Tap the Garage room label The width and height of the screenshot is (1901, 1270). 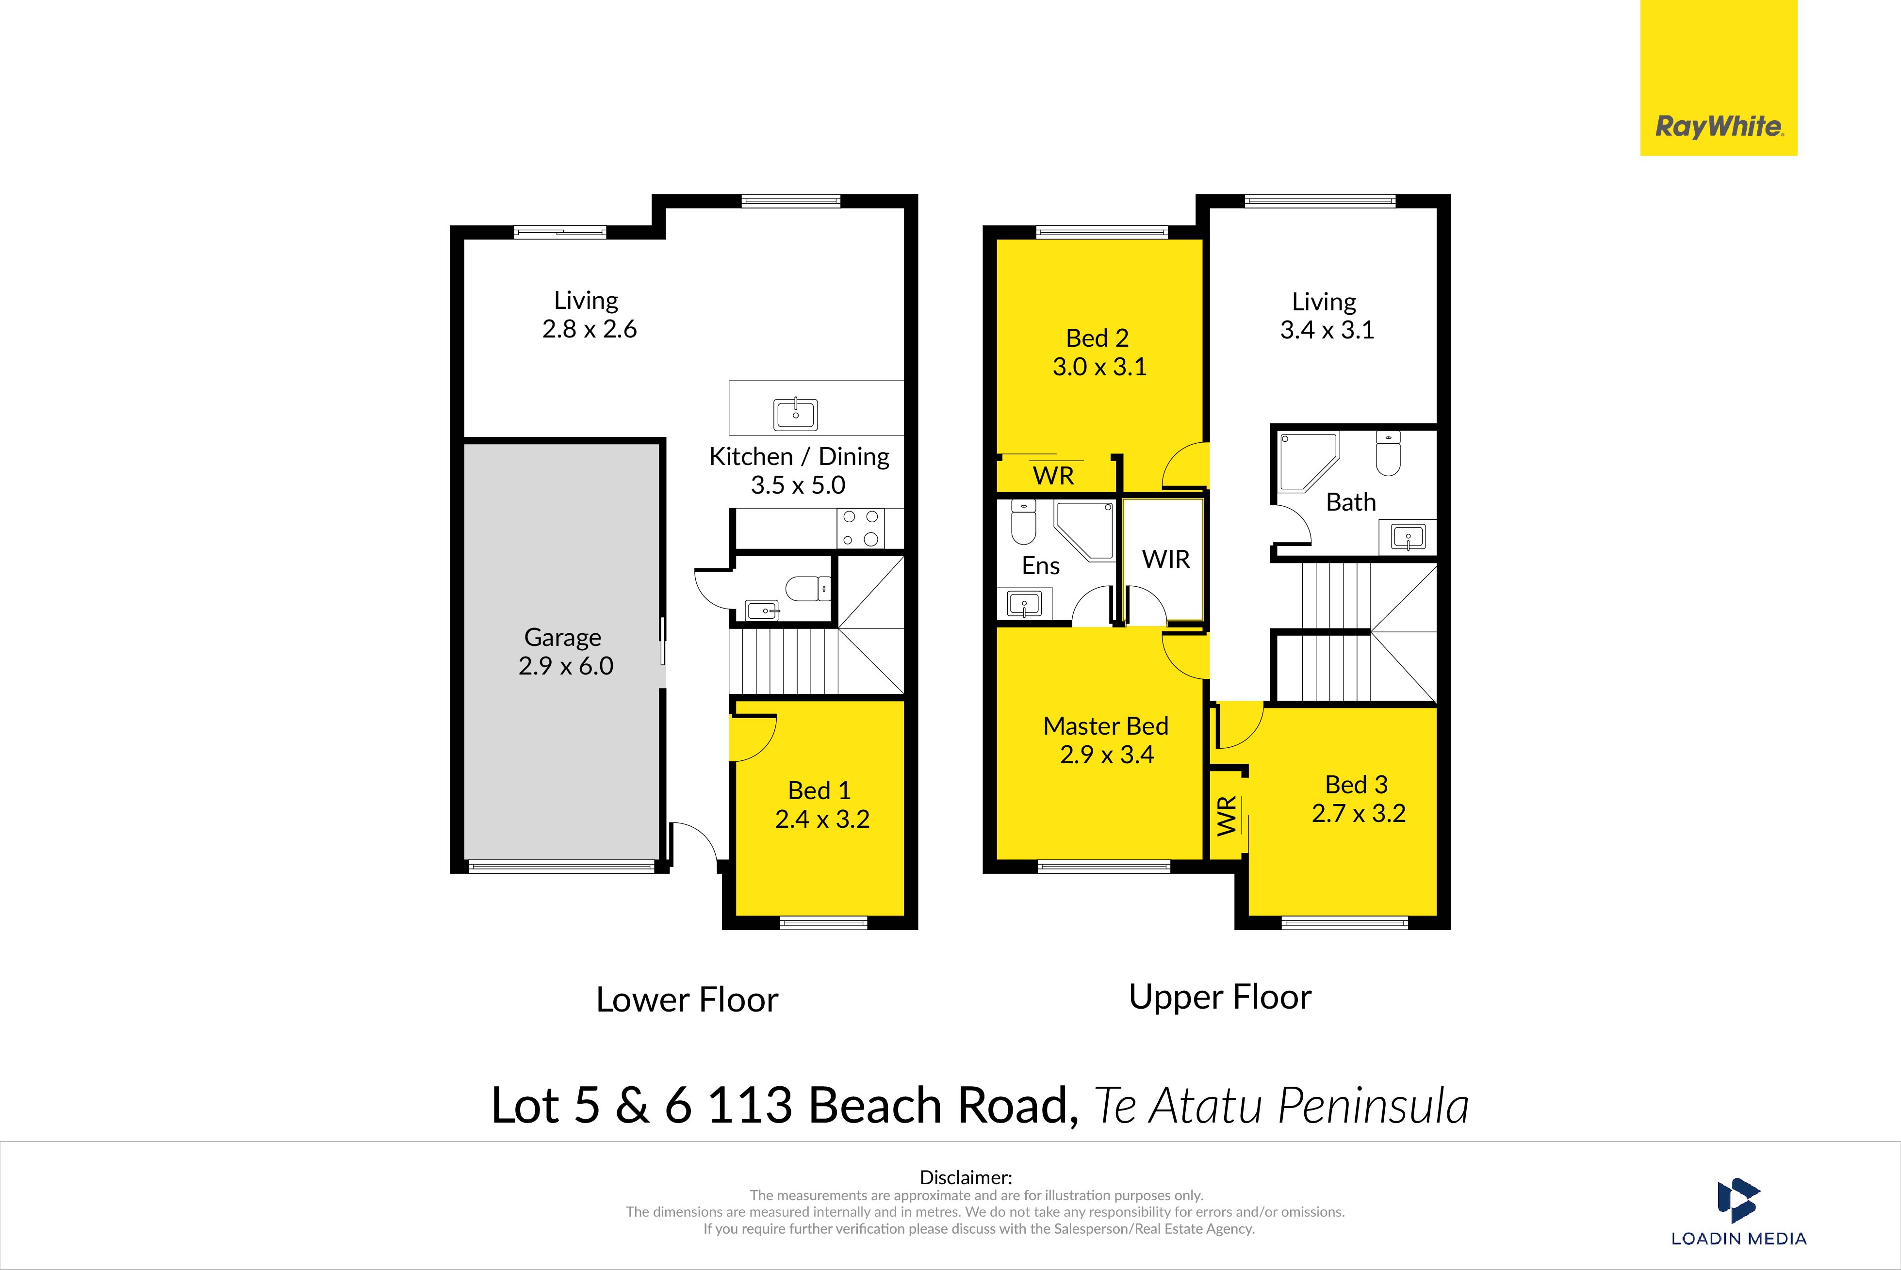[x=562, y=638]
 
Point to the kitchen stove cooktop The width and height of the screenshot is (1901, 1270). [x=861, y=528]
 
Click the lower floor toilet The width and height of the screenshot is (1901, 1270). [x=808, y=588]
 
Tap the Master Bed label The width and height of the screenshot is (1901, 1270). [x=1105, y=726]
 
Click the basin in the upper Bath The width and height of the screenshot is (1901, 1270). [x=1408, y=536]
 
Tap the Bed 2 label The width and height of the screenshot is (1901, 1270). [x=1097, y=338]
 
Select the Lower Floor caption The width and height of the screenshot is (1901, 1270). [x=687, y=999]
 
